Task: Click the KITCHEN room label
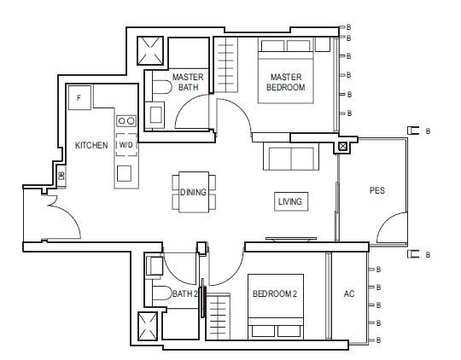91,145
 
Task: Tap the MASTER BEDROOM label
286,82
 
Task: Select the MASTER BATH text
188,82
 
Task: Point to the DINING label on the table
193,192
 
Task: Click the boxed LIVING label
290,201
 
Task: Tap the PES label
377,190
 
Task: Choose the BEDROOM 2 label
275,293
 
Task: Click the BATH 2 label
185,293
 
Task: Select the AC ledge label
349,293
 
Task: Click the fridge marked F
79,97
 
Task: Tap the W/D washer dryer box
126,145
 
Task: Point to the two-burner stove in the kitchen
126,121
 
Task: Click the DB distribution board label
61,176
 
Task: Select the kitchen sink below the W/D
124,173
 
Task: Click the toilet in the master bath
161,87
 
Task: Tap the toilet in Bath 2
161,293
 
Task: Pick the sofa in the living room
291,156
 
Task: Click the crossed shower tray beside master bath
150,50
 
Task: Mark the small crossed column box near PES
342,147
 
